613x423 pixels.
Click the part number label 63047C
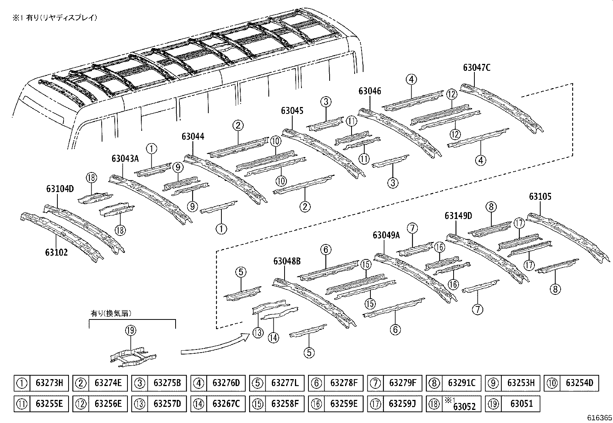pos(477,68)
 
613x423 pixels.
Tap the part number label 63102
pos(56,252)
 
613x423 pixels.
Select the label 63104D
pos(60,189)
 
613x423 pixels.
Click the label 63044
pos(193,137)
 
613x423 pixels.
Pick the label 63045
pos(292,111)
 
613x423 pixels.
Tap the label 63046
pos(370,91)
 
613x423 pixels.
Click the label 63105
pos(540,197)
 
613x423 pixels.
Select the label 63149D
pos(458,216)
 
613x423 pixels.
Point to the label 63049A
pos(386,235)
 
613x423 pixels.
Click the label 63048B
pos(287,261)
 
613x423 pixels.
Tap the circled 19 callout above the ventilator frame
pos(131,330)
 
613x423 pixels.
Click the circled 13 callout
pos(258,333)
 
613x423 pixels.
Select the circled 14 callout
pos(273,338)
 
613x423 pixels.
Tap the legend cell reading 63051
pos(522,404)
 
